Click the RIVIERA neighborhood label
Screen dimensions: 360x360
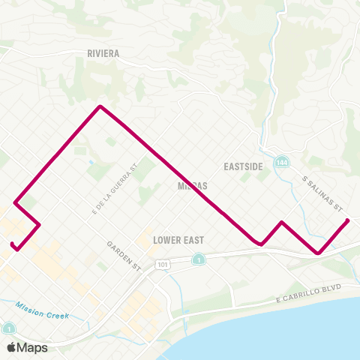click(103, 54)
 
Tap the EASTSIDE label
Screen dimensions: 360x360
click(243, 166)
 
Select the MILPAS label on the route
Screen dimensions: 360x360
click(193, 185)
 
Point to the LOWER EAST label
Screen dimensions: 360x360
click(178, 240)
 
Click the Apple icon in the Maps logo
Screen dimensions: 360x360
click(12, 347)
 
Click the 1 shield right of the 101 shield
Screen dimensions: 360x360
click(198, 259)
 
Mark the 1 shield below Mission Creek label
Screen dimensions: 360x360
click(8, 328)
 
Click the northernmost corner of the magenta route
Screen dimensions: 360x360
click(100, 106)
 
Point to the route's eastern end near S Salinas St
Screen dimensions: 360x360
click(348, 220)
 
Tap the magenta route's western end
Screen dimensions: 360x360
click(12, 244)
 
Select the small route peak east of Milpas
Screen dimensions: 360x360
click(281, 222)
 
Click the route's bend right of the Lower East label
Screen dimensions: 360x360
click(259, 244)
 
